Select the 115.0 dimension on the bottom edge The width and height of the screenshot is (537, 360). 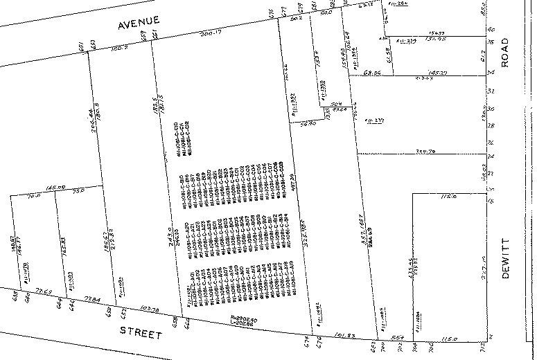[450, 339]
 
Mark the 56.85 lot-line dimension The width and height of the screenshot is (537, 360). [309, 123]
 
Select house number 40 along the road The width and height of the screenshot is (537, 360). [491, 30]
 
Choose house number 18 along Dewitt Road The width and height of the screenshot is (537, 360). [491, 201]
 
